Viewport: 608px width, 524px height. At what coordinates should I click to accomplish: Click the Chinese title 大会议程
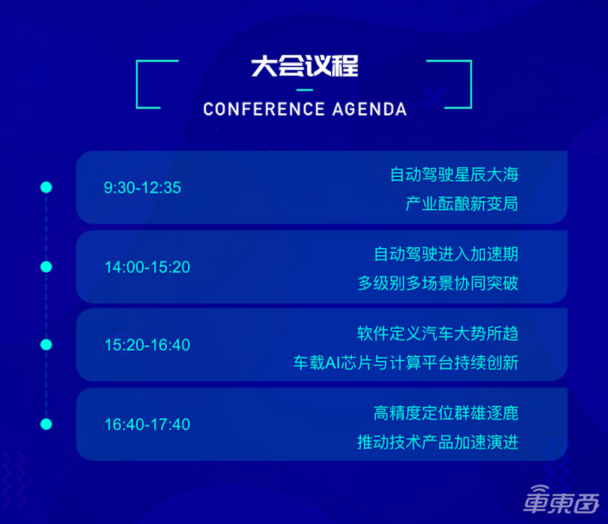click(304, 67)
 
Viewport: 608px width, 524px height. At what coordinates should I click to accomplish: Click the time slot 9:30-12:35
click(142, 188)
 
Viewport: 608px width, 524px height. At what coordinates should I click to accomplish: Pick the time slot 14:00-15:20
click(147, 267)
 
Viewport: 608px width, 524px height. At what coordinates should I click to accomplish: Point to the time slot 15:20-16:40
click(147, 345)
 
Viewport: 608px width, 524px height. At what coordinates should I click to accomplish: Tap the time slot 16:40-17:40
click(147, 424)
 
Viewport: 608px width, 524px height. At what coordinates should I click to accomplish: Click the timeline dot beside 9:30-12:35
click(46, 188)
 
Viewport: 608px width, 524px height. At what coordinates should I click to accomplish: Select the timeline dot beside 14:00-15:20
click(46, 267)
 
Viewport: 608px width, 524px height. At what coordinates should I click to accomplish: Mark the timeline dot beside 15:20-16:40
click(46, 345)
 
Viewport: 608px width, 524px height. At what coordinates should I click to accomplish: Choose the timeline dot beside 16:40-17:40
click(46, 424)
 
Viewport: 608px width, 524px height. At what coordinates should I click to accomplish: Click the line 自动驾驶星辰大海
click(453, 175)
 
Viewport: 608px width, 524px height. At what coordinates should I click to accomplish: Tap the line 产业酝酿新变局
click(461, 204)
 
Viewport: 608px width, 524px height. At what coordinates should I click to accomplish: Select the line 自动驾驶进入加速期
click(446, 254)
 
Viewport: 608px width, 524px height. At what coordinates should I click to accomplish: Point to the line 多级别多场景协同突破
click(438, 283)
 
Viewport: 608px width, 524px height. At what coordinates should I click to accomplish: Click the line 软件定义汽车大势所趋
click(438, 333)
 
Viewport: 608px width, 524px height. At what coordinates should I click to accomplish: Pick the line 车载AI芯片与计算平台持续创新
click(406, 363)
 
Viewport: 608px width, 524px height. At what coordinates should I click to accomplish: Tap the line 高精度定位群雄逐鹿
click(446, 412)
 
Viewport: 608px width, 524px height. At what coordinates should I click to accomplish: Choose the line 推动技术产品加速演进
click(438, 442)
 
